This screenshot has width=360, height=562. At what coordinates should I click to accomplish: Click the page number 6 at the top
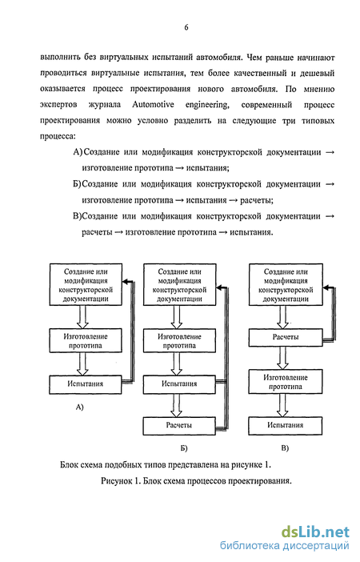(186, 27)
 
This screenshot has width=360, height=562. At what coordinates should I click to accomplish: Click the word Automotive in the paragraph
(153, 105)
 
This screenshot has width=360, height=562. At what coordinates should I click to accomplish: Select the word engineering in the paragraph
(207, 106)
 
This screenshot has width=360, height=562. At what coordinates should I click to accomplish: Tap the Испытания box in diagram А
(86, 384)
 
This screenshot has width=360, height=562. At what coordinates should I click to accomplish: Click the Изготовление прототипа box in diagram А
(86, 341)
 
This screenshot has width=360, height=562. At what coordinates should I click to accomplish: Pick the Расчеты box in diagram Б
(179, 426)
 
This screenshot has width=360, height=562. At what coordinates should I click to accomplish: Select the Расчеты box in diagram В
(286, 338)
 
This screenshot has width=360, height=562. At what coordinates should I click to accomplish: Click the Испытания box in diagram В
(286, 425)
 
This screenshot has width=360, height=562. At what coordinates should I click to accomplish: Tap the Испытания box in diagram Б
(179, 384)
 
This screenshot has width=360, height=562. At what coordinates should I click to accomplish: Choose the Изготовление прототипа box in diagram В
(286, 382)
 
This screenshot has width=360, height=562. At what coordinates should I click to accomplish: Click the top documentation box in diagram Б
(179, 285)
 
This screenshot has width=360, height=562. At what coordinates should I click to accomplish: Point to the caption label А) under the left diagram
(79, 407)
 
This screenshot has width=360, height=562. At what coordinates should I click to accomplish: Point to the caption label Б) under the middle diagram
(184, 448)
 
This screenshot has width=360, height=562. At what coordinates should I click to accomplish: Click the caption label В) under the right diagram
(285, 448)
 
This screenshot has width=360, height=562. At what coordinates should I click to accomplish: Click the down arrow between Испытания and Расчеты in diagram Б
(176, 405)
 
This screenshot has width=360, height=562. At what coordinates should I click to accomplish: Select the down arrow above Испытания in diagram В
(282, 405)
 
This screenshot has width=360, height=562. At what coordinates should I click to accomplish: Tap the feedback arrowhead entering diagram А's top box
(126, 282)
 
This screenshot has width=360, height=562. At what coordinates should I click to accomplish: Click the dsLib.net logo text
(315, 532)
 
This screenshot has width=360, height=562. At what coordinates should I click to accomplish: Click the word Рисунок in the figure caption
(117, 481)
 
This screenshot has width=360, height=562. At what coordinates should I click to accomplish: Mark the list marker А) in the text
(78, 152)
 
